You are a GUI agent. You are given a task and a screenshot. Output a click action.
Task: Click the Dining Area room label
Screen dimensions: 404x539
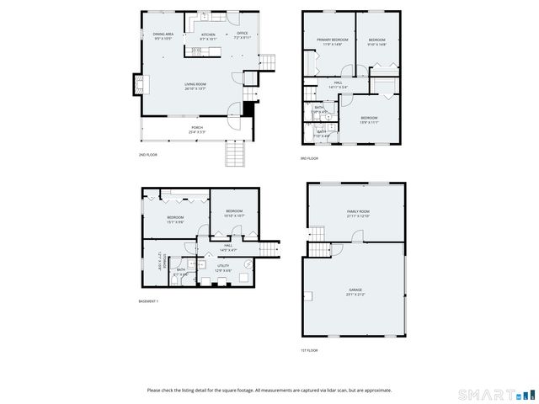tap(163, 36)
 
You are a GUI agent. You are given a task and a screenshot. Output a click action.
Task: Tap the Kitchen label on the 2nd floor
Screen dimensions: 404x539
tap(208, 36)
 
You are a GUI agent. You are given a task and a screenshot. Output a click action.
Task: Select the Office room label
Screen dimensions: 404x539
tap(242, 35)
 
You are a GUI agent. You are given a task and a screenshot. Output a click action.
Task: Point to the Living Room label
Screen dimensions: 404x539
tap(195, 86)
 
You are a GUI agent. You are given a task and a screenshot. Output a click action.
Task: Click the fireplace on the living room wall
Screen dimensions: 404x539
tap(136, 84)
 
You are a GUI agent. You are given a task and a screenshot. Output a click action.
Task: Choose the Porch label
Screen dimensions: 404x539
tap(195, 130)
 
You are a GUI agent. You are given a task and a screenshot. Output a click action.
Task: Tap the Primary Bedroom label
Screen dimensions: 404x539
tap(333, 42)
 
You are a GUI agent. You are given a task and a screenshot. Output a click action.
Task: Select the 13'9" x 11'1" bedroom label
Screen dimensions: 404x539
tap(369, 120)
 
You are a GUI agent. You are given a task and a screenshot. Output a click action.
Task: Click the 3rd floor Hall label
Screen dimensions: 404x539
tap(336, 83)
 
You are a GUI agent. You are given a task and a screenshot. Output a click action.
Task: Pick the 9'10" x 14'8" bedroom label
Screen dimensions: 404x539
tap(376, 42)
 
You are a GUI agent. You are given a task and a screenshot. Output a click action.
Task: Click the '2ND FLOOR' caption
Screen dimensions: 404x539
tap(147, 155)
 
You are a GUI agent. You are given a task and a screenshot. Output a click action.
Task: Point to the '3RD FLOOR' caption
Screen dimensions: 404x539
tap(309, 158)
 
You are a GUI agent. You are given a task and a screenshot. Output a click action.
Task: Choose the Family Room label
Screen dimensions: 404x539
tap(358, 213)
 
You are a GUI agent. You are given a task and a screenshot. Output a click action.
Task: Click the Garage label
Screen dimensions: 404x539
tap(355, 291)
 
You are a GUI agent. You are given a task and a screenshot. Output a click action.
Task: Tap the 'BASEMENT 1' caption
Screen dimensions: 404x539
tap(148, 301)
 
